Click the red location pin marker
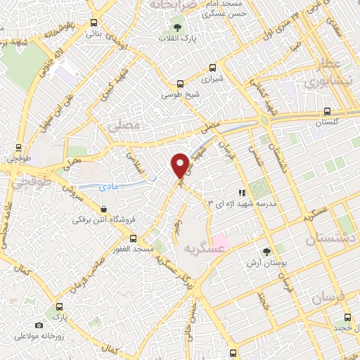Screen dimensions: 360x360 (x=181, y=165)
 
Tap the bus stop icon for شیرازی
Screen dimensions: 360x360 (x=212, y=69)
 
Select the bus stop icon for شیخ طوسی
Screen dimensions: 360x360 (x=181, y=82)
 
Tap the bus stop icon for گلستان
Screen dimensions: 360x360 (x=327, y=111)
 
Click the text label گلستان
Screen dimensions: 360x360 (x=327, y=123)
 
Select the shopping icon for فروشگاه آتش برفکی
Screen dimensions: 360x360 (x=104, y=208)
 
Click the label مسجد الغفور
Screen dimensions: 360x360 (x=135, y=248)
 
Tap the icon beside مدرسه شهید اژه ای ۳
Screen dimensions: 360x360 (x=241, y=192)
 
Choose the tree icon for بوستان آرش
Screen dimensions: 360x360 (x=266, y=251)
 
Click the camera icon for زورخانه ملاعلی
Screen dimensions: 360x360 (x=39, y=325)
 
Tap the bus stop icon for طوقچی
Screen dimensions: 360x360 (x=18, y=148)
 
